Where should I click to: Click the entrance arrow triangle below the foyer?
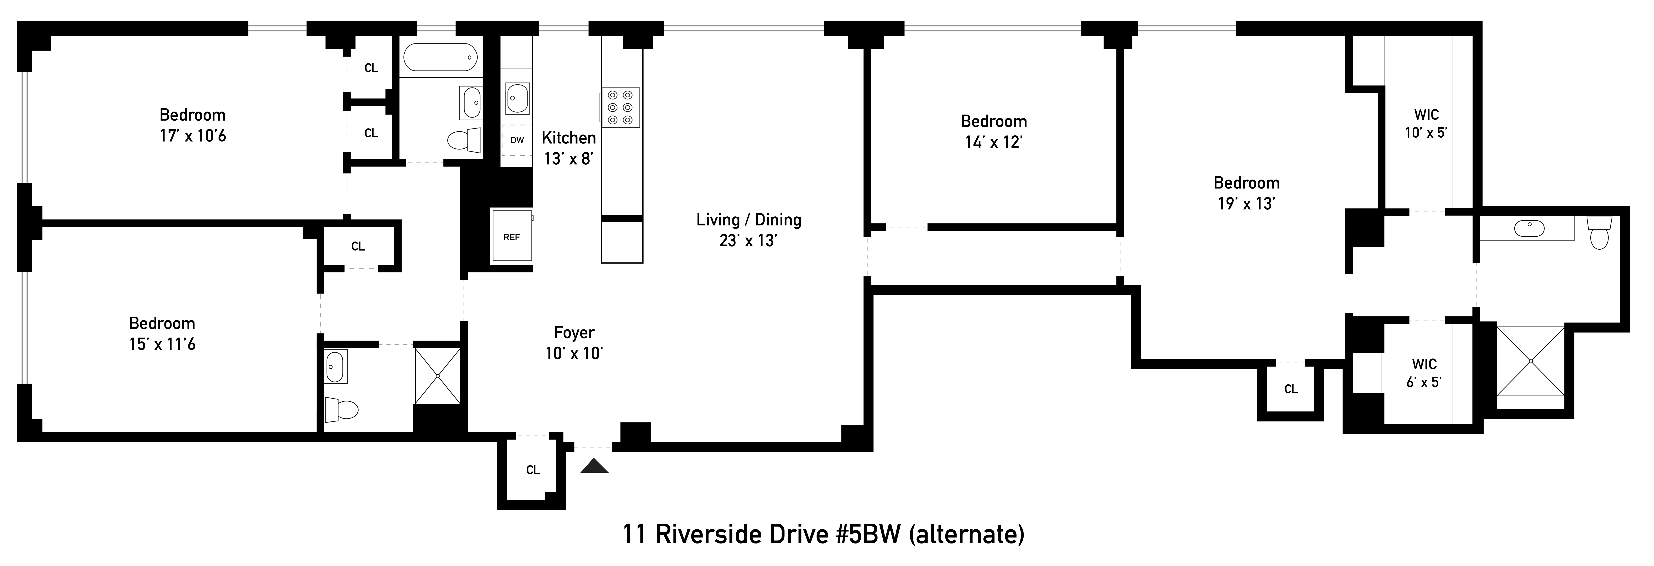tap(594, 467)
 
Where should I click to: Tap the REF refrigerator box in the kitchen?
tap(512, 235)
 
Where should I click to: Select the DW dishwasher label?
tap(517, 140)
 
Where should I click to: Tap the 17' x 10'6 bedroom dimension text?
tap(193, 136)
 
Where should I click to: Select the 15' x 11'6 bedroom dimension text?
tap(162, 345)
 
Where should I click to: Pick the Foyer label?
tap(574, 332)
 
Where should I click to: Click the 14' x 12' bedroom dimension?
tap(993, 142)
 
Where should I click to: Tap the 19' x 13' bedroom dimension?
tap(1246, 203)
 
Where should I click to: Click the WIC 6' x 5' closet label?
tap(1424, 373)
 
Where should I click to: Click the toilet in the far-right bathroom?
tap(1599, 232)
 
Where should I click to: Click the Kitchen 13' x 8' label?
tap(568, 148)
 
